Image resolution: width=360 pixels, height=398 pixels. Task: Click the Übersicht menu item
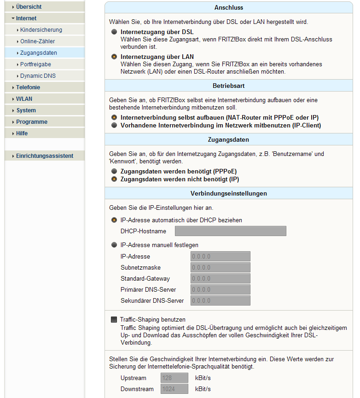(29, 7)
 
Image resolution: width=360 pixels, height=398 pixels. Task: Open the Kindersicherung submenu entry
(41, 30)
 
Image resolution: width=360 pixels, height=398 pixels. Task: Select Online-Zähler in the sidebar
(37, 41)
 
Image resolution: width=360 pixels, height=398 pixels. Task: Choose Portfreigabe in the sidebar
(35, 64)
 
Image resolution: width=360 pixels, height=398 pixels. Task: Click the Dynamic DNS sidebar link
(38, 76)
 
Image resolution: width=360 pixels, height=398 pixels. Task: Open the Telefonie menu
(28, 87)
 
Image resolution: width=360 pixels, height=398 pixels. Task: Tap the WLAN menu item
(24, 99)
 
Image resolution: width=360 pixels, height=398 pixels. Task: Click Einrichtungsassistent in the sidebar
(44, 156)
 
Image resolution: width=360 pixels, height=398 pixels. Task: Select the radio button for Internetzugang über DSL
(114, 32)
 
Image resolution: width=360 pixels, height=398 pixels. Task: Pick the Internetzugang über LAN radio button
(114, 57)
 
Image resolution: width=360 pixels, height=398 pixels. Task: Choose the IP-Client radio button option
(114, 125)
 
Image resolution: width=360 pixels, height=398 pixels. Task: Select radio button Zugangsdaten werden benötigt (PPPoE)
(114, 171)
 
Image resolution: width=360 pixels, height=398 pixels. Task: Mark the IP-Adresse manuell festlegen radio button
(114, 245)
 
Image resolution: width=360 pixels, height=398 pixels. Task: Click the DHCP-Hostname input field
(230, 231)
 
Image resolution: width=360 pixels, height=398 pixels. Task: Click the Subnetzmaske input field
(220, 268)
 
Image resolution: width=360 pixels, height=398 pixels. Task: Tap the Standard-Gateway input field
(220, 279)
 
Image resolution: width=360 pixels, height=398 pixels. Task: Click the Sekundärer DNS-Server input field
(220, 301)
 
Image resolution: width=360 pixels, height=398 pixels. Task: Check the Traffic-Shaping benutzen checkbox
(114, 319)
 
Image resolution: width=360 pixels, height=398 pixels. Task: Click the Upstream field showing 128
(174, 378)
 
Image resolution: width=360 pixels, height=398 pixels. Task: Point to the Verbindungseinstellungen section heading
(228, 193)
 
